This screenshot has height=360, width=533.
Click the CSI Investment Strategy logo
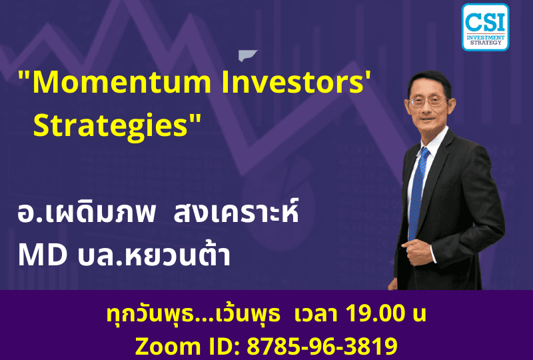coord(485,27)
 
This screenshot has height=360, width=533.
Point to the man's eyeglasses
coord(427,101)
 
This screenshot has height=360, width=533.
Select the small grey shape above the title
coord(248,55)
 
